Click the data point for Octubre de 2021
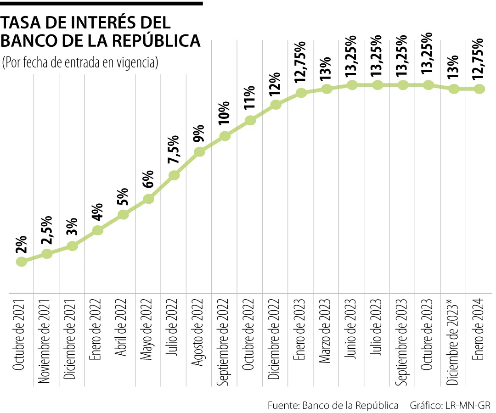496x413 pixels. [21, 262]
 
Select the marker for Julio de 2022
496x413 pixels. [174, 175]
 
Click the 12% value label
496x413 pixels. [276, 83]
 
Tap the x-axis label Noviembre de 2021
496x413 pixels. [47, 333]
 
